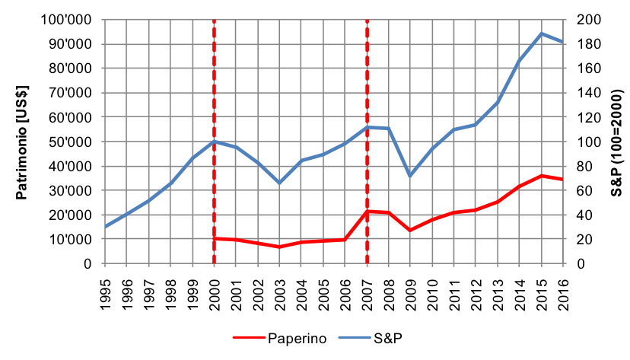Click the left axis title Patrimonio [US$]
click(23, 142)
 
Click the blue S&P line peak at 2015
click(542, 33)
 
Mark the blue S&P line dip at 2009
click(411, 176)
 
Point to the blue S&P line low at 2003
click(279, 183)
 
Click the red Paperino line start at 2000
click(215, 239)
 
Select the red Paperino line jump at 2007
click(367, 212)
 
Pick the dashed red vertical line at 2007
click(367, 76)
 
